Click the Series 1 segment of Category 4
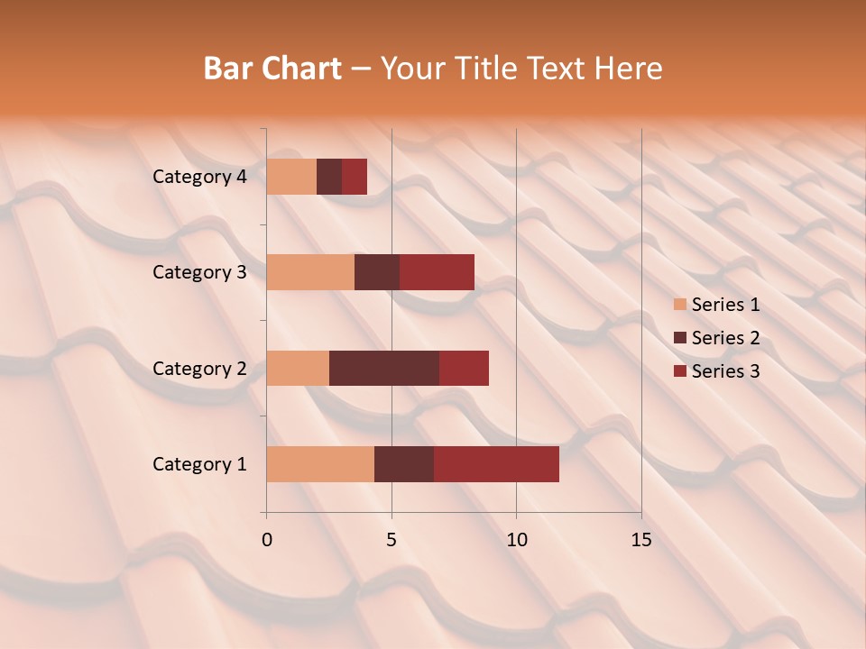pos(291,177)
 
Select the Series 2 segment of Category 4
pos(329,177)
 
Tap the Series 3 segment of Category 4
pos(355,177)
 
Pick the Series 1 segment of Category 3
pos(310,272)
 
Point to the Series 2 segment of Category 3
pos(377,272)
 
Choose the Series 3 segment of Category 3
pos(437,272)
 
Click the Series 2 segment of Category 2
pos(384,368)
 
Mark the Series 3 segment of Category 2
pos(464,368)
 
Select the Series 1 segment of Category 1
pos(320,463)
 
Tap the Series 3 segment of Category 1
pos(496,463)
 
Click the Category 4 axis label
pos(199,177)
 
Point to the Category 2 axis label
pos(199,368)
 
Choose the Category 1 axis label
pos(199,464)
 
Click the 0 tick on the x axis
pos(267,540)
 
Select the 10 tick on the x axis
pos(516,540)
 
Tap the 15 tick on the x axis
pos(641,540)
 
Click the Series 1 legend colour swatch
pos(679,305)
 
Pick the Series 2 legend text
pos(725,338)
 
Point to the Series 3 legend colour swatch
pos(679,371)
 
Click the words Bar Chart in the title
pos(272,69)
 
